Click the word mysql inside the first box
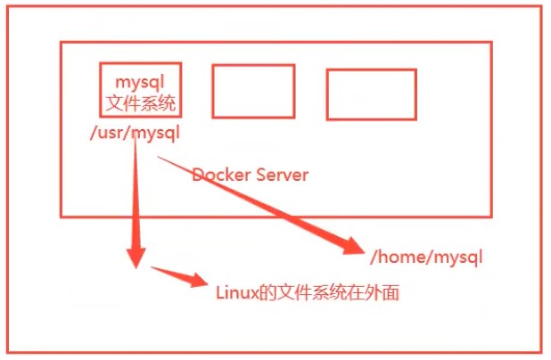click(141, 83)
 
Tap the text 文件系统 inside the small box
click(141, 103)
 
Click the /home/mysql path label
click(425, 258)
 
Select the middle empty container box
click(253, 92)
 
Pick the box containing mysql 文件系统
click(141, 89)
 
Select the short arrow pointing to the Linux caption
click(178, 275)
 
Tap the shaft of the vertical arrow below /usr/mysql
click(136, 196)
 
